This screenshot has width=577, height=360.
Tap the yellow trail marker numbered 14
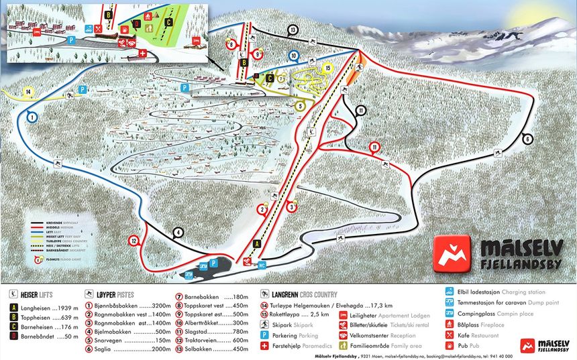pos(28,91)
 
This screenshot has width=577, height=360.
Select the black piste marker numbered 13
pos(293,29)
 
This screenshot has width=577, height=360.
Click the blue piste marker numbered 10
pos(293,56)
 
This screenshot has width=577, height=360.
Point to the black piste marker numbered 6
pos(527,139)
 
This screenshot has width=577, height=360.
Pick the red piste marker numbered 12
pos(134,241)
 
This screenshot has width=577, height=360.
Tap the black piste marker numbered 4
pos(178,233)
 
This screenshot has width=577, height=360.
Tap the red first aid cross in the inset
pos(142,53)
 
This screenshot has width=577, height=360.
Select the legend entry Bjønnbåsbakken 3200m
pos(127,305)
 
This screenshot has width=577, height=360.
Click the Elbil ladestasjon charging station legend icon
pos(450,292)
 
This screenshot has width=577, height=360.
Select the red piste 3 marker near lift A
pos(291,207)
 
